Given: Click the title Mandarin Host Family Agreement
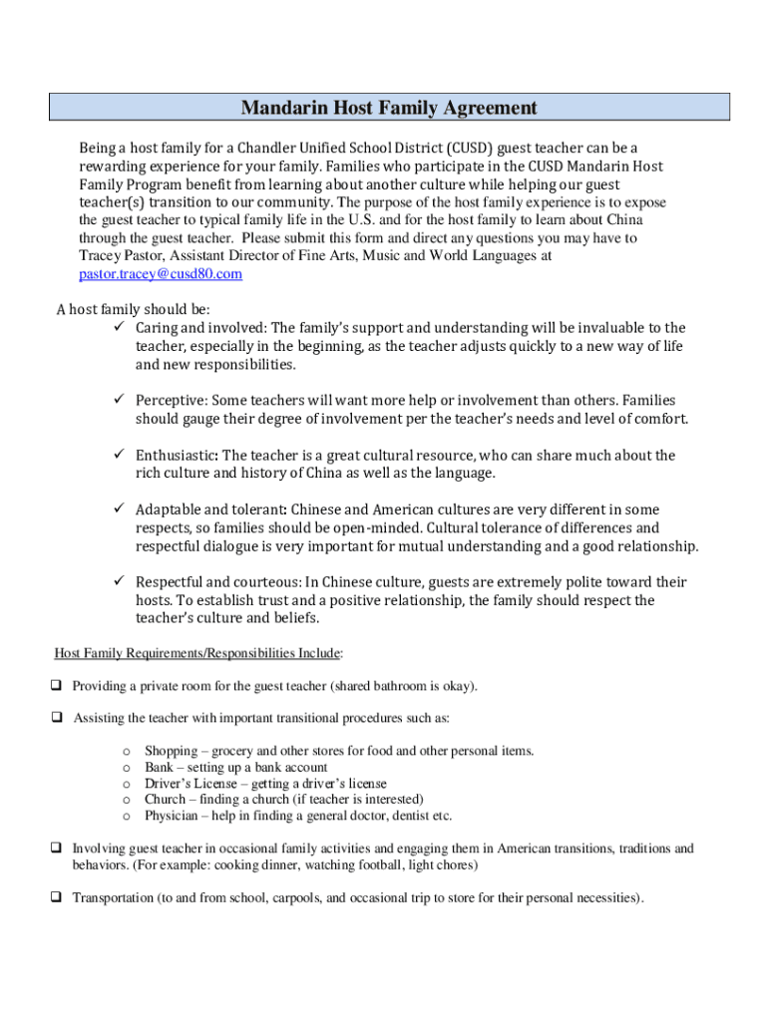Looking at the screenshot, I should pyautogui.click(x=389, y=108).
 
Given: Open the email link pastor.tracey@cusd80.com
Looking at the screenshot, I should pyautogui.click(x=161, y=274).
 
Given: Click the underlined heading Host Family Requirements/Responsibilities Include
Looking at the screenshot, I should pyautogui.click(x=197, y=653).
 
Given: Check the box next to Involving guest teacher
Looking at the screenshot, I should pyautogui.click(x=57, y=849).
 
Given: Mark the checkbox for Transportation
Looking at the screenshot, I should pyautogui.click(x=57, y=897).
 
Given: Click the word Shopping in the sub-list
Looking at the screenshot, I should pyautogui.click(x=171, y=751).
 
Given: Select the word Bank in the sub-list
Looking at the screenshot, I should pyautogui.click(x=159, y=767).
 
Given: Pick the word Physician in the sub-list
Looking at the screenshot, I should pyautogui.click(x=172, y=816).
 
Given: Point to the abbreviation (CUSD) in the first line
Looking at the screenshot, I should pyautogui.click(x=465, y=149).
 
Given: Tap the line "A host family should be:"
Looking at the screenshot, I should pyautogui.click(x=133, y=309).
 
